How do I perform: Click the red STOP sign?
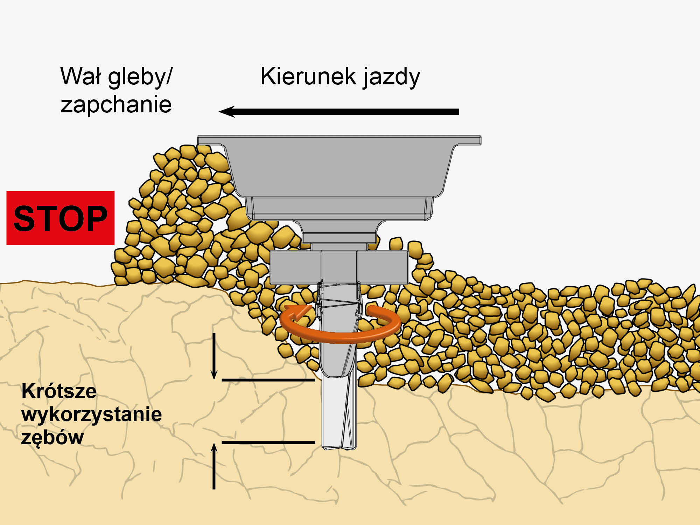pos(60,218)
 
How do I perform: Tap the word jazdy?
pos(391,78)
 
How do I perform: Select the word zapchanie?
pos(116,105)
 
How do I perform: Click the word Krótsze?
pos(59,391)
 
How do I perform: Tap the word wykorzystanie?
pos(92,415)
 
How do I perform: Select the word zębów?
pos(52,437)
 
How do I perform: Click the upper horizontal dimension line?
pos(268,380)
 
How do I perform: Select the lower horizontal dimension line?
pos(268,442)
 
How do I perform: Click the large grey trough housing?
pos(339,168)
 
